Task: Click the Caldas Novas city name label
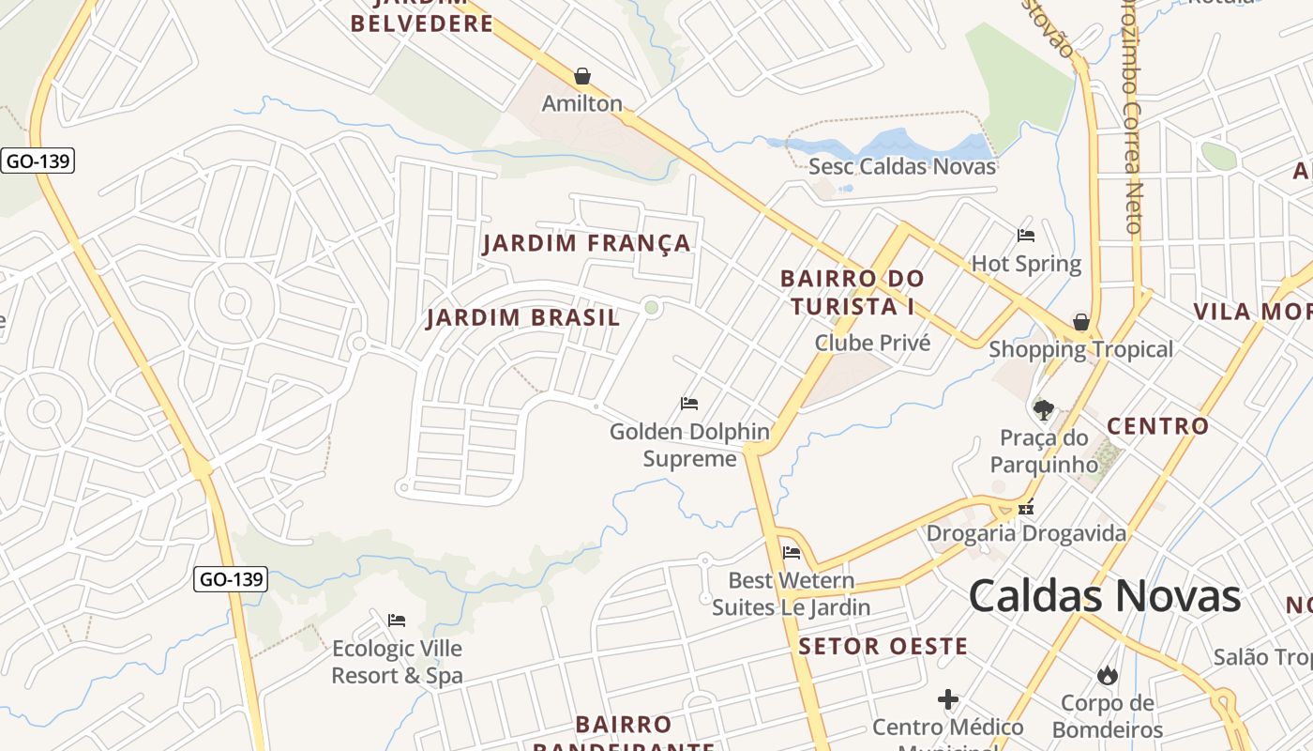pos(1105,596)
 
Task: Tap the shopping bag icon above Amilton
pos(582,76)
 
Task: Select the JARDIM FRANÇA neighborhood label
pos(586,244)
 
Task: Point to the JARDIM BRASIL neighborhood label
pos(523,318)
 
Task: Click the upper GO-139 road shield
pos(38,161)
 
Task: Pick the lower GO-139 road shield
pos(232,579)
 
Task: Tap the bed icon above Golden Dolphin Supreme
pos(689,404)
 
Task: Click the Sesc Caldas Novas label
pos(902,167)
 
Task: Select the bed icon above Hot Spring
pos(1026,235)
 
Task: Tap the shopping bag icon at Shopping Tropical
pos(1081,322)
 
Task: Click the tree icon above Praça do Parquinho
pos(1043,409)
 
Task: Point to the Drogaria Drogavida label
pos(1026,534)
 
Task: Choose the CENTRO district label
pos(1158,426)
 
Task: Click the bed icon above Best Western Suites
pos(792,552)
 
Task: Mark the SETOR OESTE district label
pos(883,647)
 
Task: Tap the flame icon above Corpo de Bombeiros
pos(1108,675)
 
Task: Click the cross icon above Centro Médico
pos(948,699)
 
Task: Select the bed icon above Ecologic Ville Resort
pos(397,621)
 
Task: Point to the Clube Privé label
pos(872,343)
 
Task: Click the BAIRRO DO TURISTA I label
pos(852,293)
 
